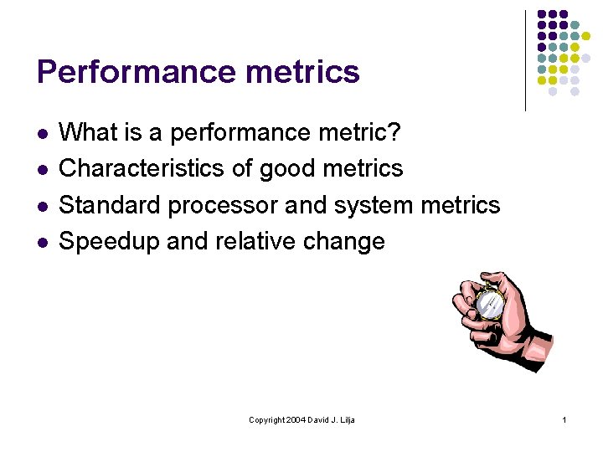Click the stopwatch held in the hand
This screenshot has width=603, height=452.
point(487,301)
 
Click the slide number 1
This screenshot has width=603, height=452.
point(565,419)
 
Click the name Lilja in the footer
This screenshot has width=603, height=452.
point(345,419)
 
